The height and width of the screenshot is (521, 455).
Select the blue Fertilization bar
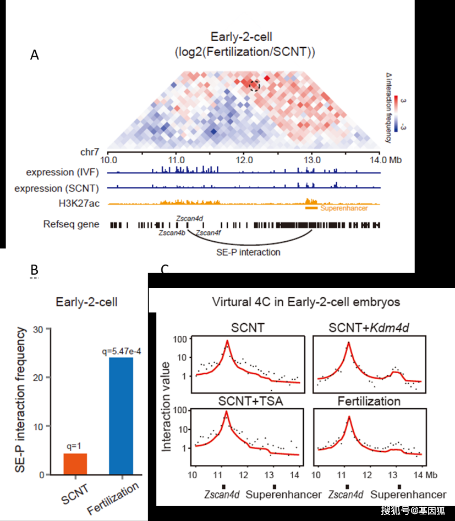[121, 415]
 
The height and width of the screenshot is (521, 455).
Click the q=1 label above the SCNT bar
[75, 447]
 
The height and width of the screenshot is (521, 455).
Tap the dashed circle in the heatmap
[254, 85]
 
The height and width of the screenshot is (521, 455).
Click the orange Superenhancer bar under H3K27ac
[311, 208]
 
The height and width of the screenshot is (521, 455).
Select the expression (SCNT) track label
[64, 189]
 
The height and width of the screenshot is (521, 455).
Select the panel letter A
[35, 55]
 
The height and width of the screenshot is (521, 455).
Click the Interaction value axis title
[167, 402]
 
